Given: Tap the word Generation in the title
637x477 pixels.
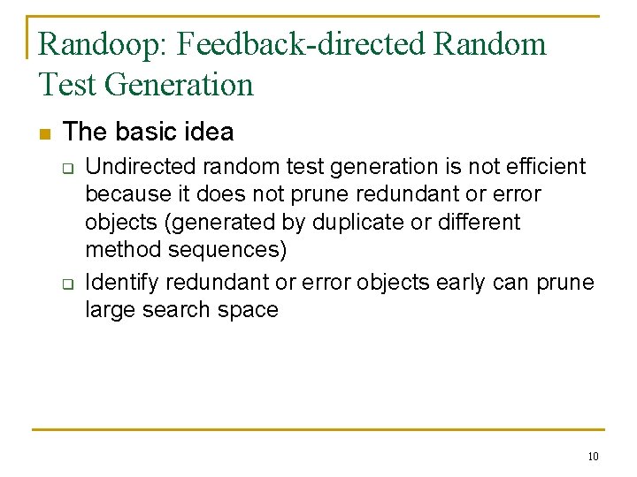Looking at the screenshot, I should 179,85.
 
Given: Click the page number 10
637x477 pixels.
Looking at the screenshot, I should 592,457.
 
